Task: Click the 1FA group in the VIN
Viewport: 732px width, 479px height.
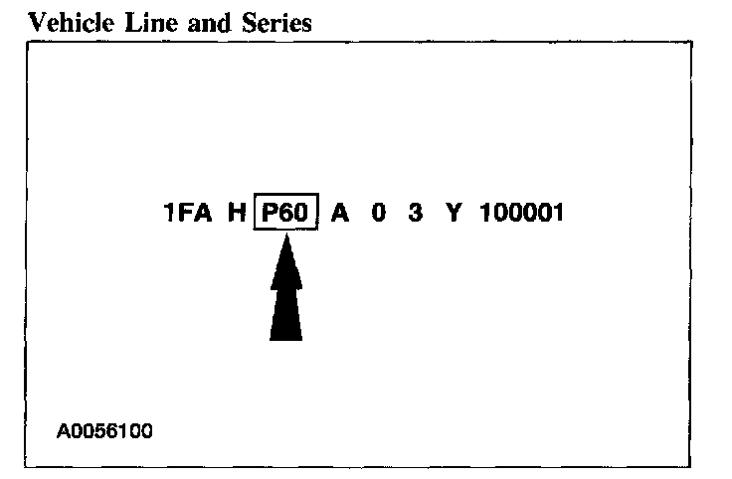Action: point(188,213)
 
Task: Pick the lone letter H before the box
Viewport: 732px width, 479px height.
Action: point(236,213)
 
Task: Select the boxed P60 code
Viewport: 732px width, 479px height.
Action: point(286,213)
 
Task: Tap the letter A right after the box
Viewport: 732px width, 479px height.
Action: point(340,213)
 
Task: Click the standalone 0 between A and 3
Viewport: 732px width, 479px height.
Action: point(379,213)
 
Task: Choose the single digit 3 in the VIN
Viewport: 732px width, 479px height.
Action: point(415,213)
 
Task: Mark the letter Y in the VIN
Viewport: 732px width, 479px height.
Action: point(454,213)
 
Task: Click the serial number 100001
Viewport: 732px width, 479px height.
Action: point(521,213)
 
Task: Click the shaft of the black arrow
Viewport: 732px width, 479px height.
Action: point(286,313)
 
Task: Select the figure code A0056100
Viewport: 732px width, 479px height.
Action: point(105,432)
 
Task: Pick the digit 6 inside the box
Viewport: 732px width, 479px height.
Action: point(287,213)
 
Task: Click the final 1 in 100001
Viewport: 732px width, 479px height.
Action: point(556,213)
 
